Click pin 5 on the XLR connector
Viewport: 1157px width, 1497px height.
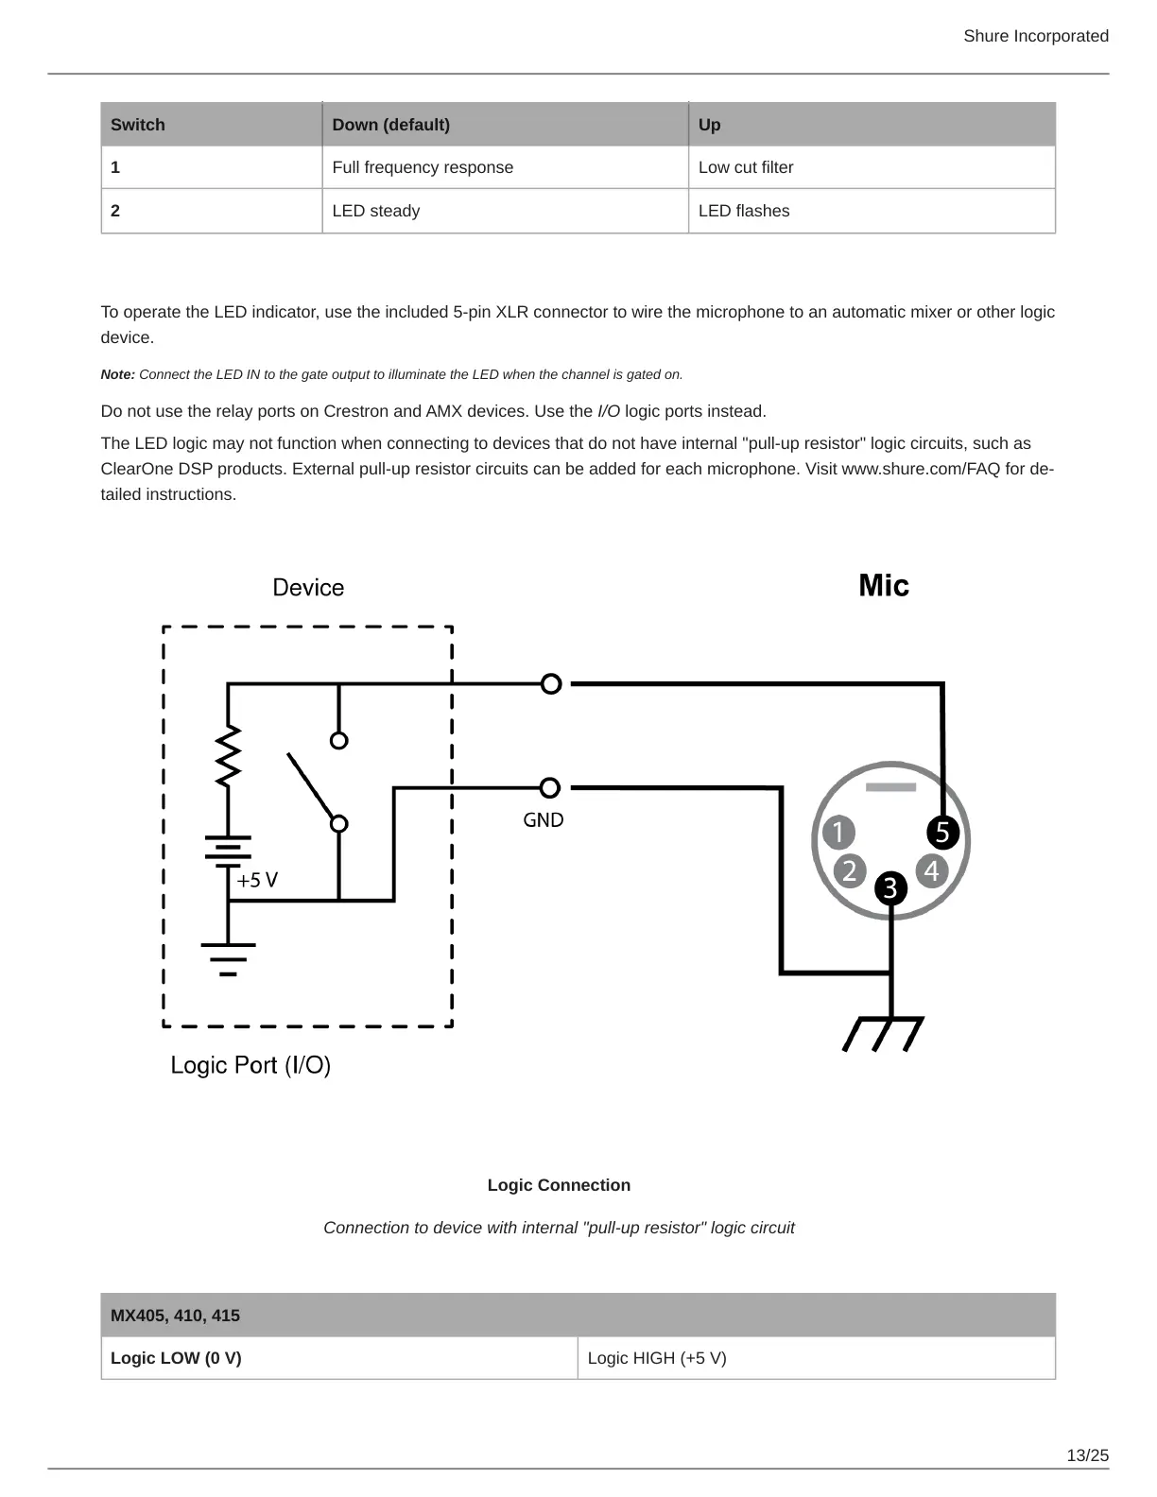point(942,832)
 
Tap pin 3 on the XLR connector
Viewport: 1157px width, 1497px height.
point(890,888)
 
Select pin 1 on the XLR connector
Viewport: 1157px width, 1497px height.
point(838,833)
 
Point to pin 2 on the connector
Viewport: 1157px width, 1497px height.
point(850,870)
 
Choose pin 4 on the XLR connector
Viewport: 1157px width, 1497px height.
point(932,870)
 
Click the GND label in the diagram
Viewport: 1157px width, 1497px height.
point(544,820)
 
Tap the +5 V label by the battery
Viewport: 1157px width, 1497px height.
point(257,880)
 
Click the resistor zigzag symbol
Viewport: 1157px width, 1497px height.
point(228,756)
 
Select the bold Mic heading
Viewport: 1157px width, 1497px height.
point(883,586)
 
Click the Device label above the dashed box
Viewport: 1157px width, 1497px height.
point(308,588)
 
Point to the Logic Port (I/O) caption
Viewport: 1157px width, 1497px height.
point(250,1065)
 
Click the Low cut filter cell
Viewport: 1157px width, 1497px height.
point(746,167)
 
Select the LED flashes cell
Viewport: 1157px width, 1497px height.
point(744,211)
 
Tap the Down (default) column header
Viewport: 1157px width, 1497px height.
point(390,125)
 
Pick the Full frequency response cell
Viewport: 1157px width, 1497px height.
point(423,167)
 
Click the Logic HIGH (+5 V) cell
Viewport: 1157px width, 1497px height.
point(657,1358)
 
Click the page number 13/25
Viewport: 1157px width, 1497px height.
point(1087,1455)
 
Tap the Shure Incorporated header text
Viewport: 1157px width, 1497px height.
point(1036,36)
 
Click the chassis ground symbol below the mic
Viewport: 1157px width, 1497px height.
point(883,1033)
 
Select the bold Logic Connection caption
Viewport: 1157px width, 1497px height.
point(559,1185)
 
